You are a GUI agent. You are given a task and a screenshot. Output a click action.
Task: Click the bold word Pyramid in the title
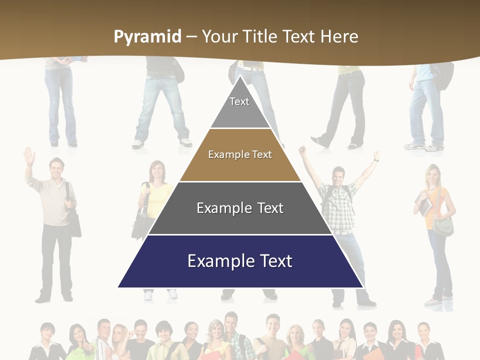pos(147,37)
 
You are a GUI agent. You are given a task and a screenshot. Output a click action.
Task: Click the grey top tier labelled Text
pos(239,107)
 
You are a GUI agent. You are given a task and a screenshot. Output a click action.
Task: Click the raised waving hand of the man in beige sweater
pos(29,156)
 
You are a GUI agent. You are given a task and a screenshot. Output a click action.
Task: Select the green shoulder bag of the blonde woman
pos(443,226)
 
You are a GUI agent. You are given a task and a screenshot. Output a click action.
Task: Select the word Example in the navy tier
pos(216,261)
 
